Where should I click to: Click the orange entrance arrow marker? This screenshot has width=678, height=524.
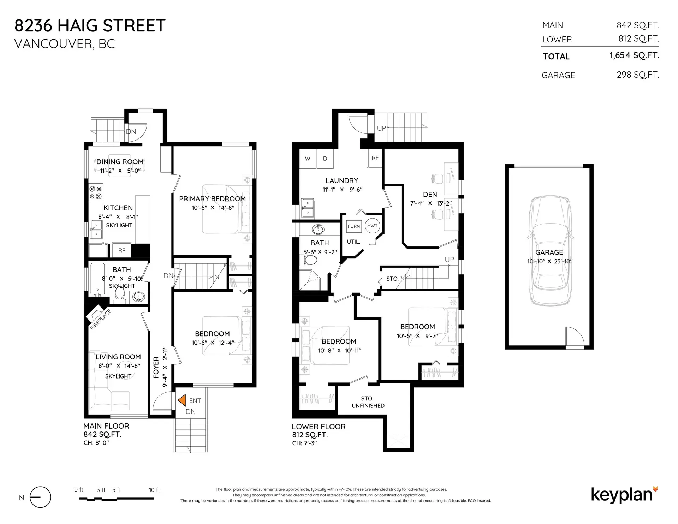click(182, 400)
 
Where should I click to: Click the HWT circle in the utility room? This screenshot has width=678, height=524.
click(372, 226)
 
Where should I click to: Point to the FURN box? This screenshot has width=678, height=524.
click(353, 226)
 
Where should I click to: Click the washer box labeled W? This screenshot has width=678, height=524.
click(308, 159)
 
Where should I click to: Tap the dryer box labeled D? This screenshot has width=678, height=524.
click(325, 159)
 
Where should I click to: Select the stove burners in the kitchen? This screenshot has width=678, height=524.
click(95, 193)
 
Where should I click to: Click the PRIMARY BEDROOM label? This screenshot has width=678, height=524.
click(212, 199)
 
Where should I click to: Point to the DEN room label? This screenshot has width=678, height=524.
click(430, 195)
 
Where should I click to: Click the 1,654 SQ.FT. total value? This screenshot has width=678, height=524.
click(634, 55)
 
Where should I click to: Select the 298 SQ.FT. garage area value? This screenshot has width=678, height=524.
click(638, 75)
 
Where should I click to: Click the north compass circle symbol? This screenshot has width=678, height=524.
click(40, 497)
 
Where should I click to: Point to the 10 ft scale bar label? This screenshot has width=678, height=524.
click(154, 490)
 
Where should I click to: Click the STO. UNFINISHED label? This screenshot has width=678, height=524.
click(368, 402)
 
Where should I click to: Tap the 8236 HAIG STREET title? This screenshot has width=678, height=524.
click(90, 25)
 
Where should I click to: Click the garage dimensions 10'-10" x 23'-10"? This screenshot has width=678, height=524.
click(549, 262)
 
